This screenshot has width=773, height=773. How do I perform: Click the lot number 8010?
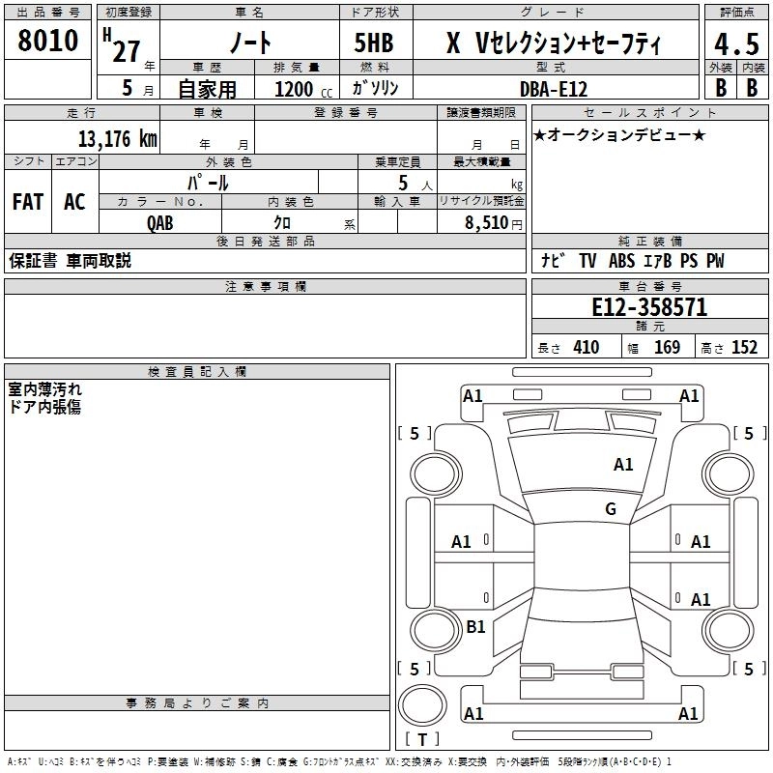(48, 42)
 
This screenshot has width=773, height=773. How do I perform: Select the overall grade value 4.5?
(735, 43)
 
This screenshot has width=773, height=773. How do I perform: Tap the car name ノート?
(249, 43)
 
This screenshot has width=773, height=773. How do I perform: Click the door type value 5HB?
(373, 43)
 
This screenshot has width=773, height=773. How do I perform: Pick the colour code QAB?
(160, 221)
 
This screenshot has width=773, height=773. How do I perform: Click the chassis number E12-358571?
(649, 307)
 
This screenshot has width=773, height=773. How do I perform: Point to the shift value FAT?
(27, 202)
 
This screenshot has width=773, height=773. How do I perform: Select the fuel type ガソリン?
(376, 88)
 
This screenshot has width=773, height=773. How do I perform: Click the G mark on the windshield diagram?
(611, 509)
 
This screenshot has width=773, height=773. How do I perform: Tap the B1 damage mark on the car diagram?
(475, 627)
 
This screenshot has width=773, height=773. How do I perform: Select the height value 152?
(744, 348)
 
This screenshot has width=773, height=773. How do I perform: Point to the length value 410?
(586, 348)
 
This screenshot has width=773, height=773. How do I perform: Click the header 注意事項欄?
(265, 286)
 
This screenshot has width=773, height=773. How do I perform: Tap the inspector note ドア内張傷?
(44, 407)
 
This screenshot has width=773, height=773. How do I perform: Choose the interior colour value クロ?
(282, 221)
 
